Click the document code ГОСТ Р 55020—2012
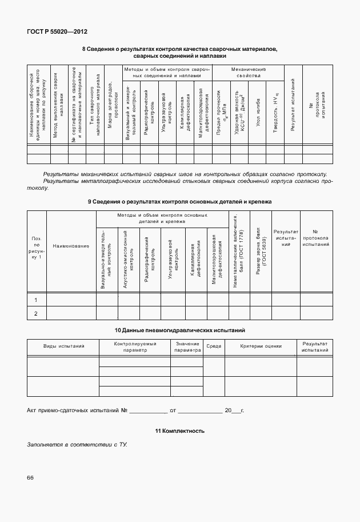(x=57, y=32)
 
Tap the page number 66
(x=30, y=477)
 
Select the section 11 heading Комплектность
(x=179, y=431)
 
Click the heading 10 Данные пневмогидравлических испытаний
(x=179, y=330)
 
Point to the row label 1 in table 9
(x=36, y=300)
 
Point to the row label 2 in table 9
(x=36, y=313)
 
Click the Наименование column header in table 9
(x=71, y=246)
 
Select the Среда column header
(x=214, y=346)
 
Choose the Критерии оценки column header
(x=261, y=346)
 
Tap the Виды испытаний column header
(x=63, y=346)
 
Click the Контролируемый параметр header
(x=134, y=346)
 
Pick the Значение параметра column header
(x=187, y=346)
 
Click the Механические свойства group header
(x=249, y=72)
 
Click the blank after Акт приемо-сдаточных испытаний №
(x=148, y=411)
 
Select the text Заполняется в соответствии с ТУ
(x=77, y=444)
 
